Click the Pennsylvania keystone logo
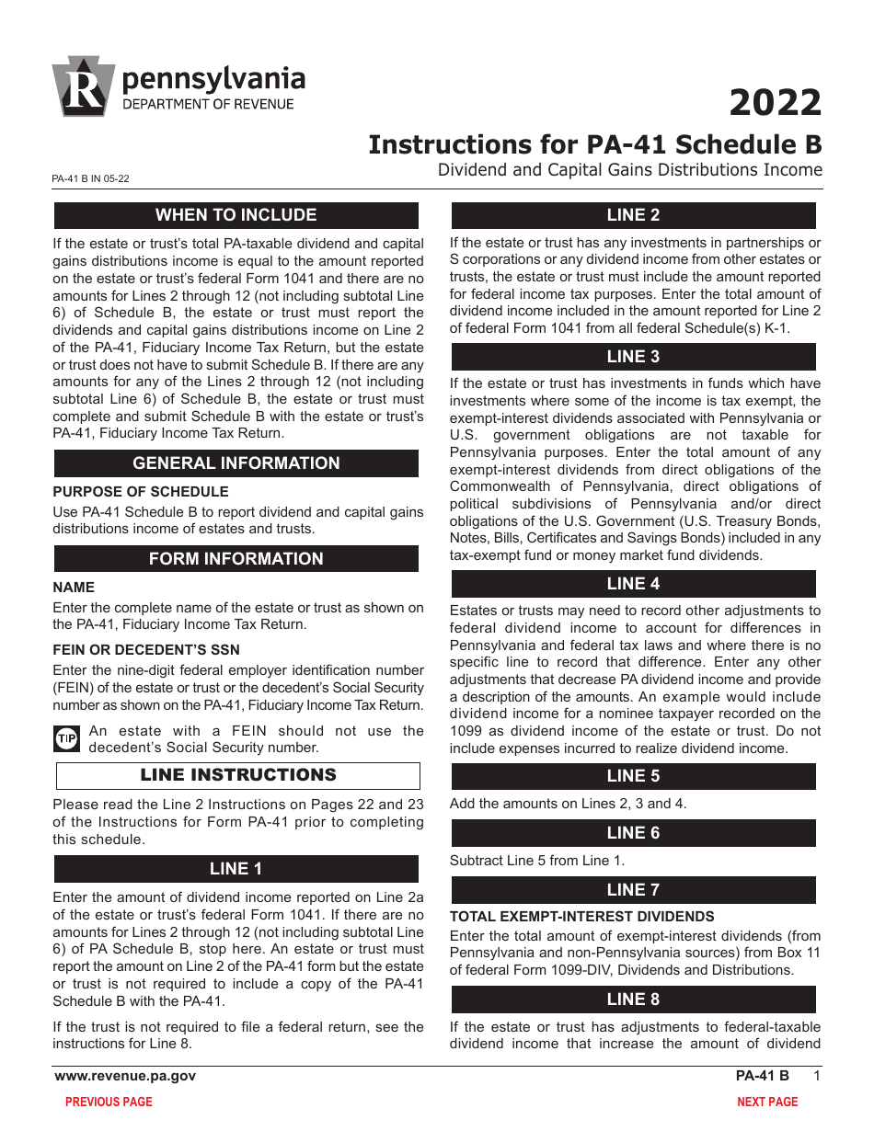(x=84, y=87)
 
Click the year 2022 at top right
(x=775, y=102)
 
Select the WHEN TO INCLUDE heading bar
(x=236, y=215)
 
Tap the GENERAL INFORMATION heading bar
(x=236, y=463)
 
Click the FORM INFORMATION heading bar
(x=236, y=559)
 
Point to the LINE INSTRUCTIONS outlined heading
(x=238, y=775)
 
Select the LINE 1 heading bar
(x=236, y=869)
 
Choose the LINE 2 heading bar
(x=632, y=215)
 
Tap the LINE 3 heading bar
(x=632, y=357)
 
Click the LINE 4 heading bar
(x=632, y=584)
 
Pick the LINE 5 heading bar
(x=632, y=776)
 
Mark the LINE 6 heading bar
(x=632, y=833)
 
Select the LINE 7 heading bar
(x=632, y=890)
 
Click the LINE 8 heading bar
(x=632, y=1000)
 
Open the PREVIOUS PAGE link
(x=109, y=1102)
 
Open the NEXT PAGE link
(x=767, y=1102)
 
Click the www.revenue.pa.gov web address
(x=125, y=1076)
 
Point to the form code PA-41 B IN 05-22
(x=91, y=179)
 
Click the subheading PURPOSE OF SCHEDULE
(x=141, y=492)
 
